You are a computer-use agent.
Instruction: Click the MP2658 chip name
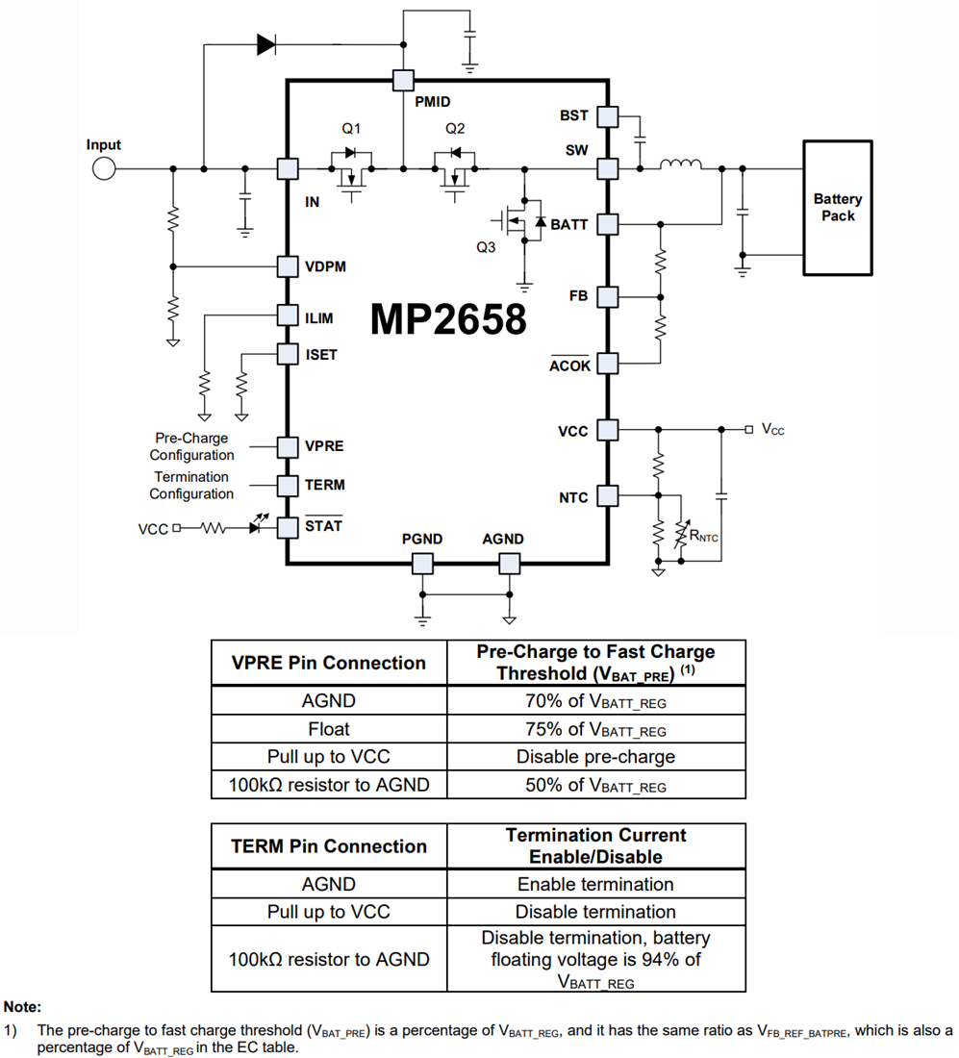tap(448, 319)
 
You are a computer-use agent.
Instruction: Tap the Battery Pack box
tap(837, 208)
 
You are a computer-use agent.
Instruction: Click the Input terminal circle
tap(103, 169)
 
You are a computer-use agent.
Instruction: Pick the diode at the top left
tap(266, 43)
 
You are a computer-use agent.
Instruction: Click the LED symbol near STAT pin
tap(256, 527)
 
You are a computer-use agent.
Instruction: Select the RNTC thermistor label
tap(704, 537)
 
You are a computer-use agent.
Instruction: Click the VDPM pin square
tap(287, 266)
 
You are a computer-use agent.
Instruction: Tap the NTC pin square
tap(606, 496)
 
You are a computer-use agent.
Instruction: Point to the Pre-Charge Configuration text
tap(191, 446)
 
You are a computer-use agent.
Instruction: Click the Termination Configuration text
tap(191, 485)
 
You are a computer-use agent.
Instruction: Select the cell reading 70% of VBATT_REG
tap(595, 701)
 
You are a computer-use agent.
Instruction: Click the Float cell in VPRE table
tap(329, 729)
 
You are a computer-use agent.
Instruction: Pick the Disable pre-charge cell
tap(595, 757)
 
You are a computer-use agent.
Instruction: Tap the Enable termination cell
tap(595, 884)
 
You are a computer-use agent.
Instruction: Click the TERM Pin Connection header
tap(329, 846)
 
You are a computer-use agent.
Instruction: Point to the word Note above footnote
tap(22, 1007)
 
